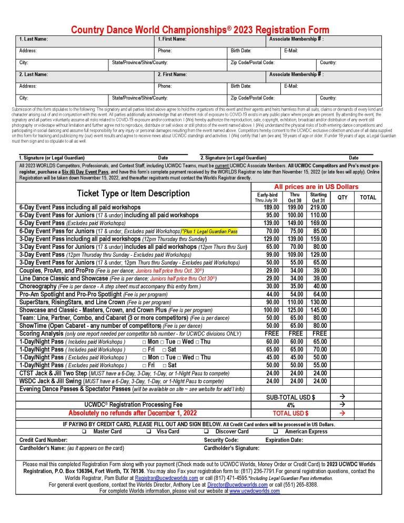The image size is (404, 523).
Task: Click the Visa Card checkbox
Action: [149, 431]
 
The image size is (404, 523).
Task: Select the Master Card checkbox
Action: [84, 431]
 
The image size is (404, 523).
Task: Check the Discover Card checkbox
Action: [206, 431]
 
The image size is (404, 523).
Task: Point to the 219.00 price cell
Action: [319, 207]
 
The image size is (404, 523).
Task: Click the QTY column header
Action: [342, 197]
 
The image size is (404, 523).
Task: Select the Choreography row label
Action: [37, 286]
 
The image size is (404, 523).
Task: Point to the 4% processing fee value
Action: [291, 405]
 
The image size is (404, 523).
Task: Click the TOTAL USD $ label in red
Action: [291, 413]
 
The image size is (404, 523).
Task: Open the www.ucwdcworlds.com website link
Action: [255, 490]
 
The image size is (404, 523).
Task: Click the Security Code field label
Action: [221, 440]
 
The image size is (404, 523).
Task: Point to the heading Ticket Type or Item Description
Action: [134, 193]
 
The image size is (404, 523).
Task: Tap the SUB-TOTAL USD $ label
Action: [291, 397]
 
